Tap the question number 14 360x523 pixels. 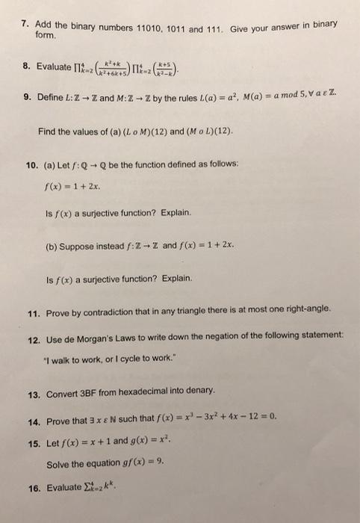[x=28, y=422]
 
